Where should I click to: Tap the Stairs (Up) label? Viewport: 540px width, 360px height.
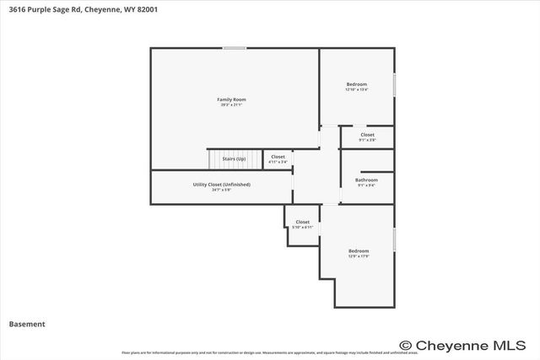[x=234, y=159]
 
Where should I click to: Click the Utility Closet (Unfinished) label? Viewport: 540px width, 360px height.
[x=221, y=184]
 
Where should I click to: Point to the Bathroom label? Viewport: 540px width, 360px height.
[x=366, y=180]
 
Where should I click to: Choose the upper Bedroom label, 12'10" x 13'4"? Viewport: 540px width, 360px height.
[x=357, y=83]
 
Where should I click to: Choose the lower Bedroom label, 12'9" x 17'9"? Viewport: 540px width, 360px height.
[x=359, y=250]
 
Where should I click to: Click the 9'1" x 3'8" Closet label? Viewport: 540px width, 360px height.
[x=367, y=135]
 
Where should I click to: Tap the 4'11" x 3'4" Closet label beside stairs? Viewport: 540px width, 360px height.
[x=278, y=157]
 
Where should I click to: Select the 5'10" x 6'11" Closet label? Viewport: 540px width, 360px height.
[x=302, y=222]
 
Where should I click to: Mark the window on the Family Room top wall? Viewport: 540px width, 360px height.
[x=235, y=48]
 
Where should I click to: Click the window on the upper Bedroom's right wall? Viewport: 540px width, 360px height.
[x=394, y=85]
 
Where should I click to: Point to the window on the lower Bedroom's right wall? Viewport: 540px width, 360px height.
[x=394, y=239]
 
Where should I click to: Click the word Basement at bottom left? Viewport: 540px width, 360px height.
[x=27, y=324]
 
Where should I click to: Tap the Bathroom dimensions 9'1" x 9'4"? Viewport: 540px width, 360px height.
[x=366, y=185]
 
